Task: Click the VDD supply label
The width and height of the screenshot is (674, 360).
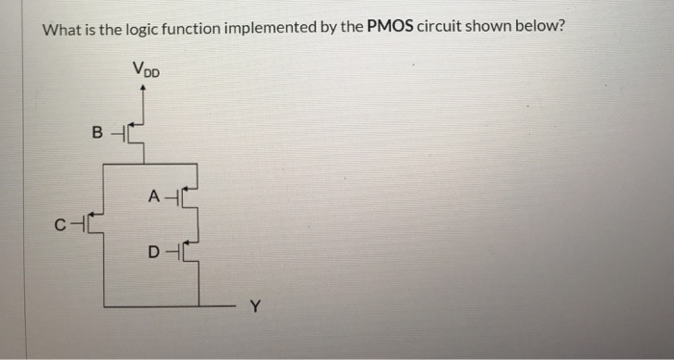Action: [145, 69]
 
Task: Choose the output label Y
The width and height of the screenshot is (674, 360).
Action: [254, 308]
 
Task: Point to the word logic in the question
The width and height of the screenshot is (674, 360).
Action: [142, 29]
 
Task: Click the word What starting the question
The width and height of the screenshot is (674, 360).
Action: [62, 28]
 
